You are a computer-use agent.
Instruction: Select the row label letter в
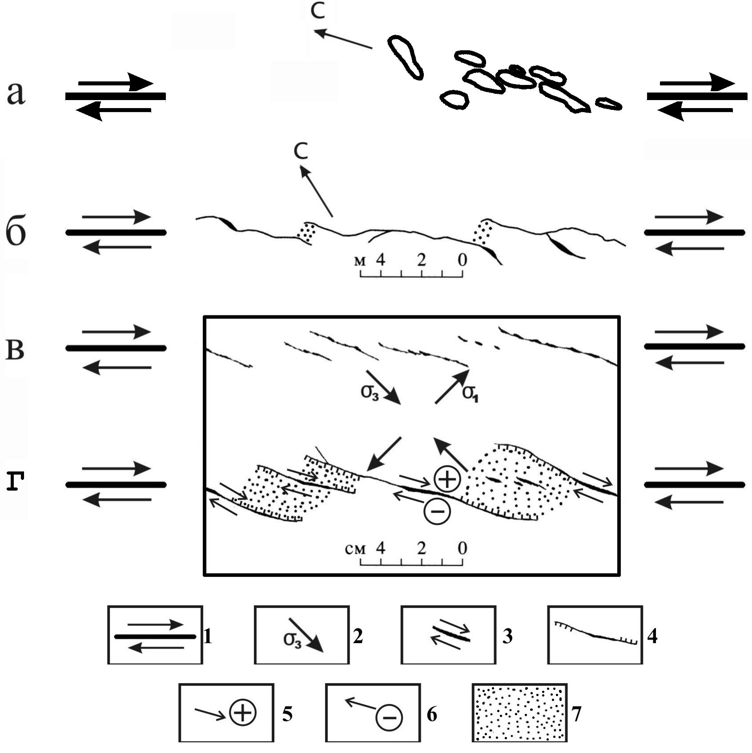tap(15, 350)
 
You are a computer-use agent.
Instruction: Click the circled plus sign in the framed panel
tap(447, 479)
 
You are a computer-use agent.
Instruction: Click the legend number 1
tap(207, 637)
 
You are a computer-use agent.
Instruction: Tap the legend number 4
tap(652, 637)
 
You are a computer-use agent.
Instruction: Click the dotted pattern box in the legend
tap(519, 713)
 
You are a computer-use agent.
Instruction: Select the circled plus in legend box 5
tap(243, 713)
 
